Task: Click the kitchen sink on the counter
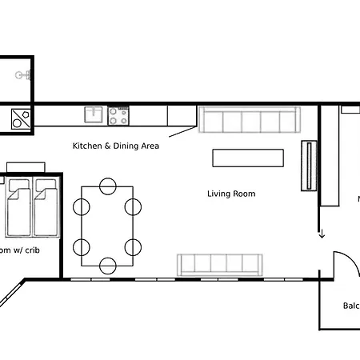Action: [94, 115]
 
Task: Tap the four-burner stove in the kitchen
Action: [118, 116]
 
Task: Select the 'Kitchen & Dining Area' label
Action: [116, 146]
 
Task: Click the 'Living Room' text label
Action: [231, 194]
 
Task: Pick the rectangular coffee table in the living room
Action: [248, 158]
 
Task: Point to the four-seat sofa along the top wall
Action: [248, 121]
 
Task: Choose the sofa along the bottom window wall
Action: [220, 263]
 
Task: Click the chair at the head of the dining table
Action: [107, 187]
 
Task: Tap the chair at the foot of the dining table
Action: [107, 265]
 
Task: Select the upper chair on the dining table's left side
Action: [82, 207]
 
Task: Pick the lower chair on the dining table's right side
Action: [133, 246]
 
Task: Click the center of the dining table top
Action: [107, 226]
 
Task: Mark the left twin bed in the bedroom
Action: [19, 207]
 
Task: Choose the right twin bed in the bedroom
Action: [46, 207]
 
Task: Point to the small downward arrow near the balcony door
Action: [322, 234]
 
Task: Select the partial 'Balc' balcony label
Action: [350, 306]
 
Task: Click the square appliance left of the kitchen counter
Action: [20, 119]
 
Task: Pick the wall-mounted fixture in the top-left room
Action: [24, 74]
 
